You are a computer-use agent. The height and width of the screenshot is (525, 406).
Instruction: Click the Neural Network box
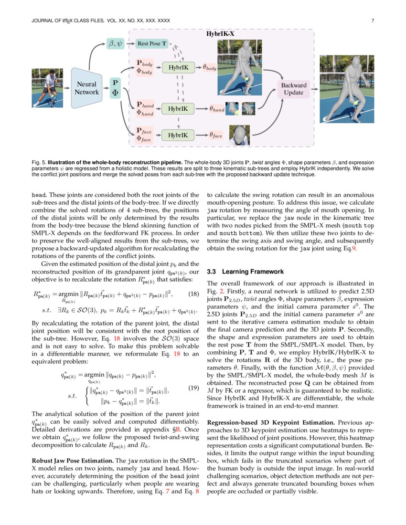86,88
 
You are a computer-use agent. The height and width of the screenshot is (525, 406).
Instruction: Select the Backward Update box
293,89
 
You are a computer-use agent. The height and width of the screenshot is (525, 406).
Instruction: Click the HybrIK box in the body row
178,68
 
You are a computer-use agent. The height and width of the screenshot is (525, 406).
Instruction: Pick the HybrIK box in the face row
178,136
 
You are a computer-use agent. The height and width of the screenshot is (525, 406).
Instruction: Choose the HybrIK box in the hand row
178,109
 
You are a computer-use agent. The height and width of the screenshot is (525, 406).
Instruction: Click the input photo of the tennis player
47,87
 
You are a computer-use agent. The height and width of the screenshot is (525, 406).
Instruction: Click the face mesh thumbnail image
239,135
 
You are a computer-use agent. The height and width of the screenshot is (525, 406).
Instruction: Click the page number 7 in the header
372,21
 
